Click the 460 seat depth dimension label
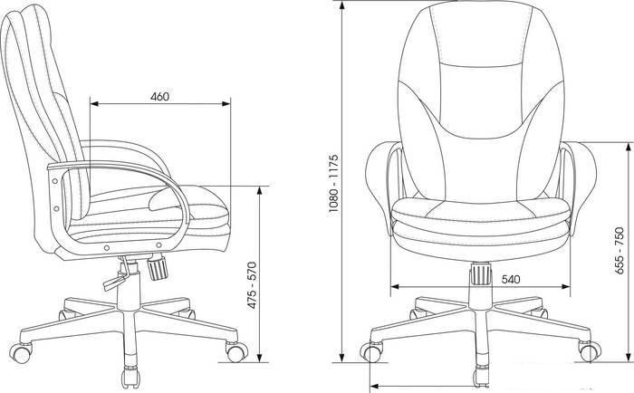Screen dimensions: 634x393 [x=159, y=97]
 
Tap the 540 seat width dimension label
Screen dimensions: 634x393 [x=511, y=280]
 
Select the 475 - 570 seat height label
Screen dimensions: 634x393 [x=252, y=285]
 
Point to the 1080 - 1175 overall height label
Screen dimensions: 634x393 [x=333, y=184]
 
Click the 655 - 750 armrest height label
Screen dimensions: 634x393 [x=619, y=252]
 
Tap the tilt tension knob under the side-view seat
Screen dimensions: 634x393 [x=157, y=268]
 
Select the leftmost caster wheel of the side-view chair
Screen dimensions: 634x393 [x=21, y=353]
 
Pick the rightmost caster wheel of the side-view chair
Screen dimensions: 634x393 [x=236, y=351]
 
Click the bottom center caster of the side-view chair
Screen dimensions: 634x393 [x=131, y=378]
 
